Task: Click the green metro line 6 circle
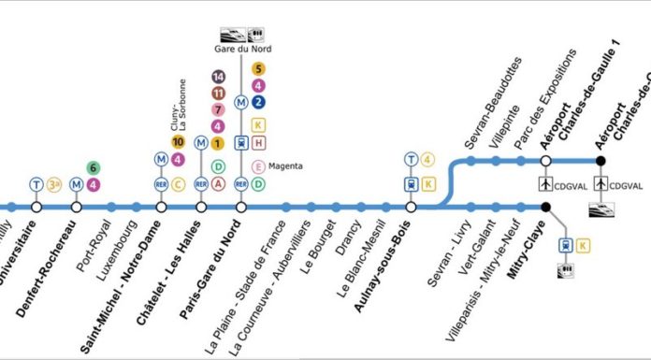(93, 168)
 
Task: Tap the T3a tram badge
(54, 184)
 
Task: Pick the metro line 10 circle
(178, 143)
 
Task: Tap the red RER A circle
(218, 184)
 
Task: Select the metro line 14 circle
(218, 78)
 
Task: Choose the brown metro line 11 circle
(218, 94)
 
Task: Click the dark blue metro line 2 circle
(258, 102)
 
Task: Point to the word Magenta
(285, 166)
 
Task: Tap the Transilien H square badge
(258, 143)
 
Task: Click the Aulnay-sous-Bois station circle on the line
(412, 207)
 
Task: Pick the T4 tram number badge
(428, 159)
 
